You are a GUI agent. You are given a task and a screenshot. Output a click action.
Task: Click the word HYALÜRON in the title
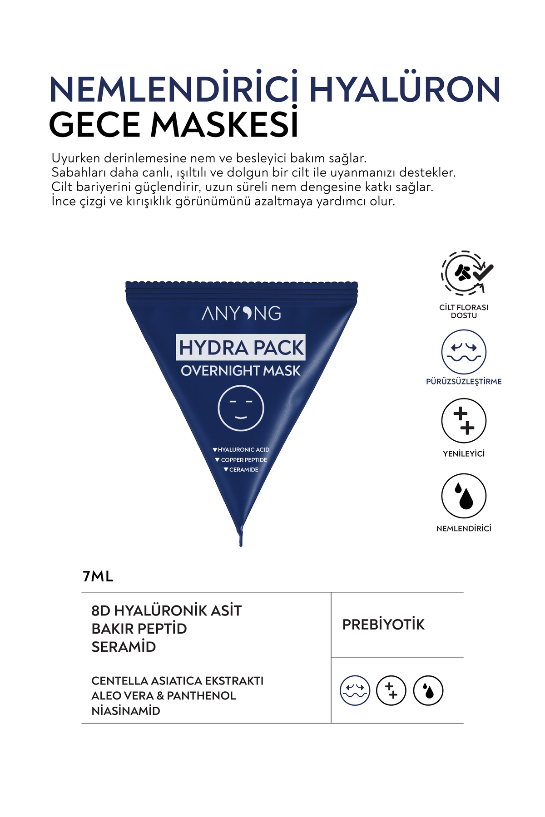click(404, 90)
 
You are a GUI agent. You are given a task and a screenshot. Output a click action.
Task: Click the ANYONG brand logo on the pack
click(241, 313)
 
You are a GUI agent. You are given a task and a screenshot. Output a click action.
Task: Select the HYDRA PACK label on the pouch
click(241, 348)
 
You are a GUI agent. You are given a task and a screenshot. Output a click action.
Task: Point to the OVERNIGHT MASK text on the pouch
click(241, 371)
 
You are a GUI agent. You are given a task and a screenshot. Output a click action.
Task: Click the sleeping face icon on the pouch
click(241, 408)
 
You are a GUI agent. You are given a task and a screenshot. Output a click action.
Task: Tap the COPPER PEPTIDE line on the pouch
click(243, 460)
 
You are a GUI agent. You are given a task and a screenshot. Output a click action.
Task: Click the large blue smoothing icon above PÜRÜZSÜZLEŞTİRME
click(464, 352)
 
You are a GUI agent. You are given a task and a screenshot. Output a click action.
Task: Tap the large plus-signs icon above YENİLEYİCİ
click(464, 421)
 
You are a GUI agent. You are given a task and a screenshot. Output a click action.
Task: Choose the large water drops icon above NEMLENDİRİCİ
click(464, 496)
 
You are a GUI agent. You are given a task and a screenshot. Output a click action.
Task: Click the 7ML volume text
click(98, 576)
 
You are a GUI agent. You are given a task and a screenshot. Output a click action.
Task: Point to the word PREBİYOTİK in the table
click(383, 625)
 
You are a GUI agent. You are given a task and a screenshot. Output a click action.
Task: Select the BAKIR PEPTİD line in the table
click(139, 629)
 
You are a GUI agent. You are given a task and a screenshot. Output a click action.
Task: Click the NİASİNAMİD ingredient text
click(126, 711)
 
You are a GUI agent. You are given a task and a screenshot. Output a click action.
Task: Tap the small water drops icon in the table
click(428, 690)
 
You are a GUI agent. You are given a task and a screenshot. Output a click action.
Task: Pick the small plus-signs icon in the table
click(391, 690)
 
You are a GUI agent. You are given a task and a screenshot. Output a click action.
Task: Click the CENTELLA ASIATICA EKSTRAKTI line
click(177, 681)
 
